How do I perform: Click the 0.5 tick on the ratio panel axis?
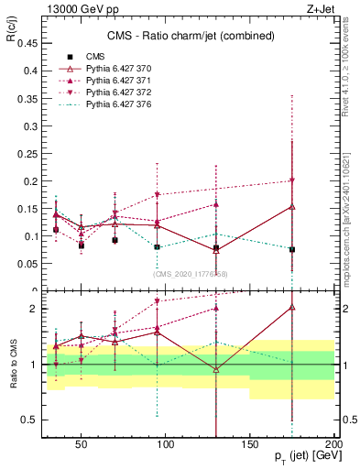pyautogui.click(x=28, y=420)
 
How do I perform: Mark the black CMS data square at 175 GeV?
pyautogui.click(x=291, y=249)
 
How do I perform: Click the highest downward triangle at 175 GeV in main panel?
pyautogui.click(x=291, y=180)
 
